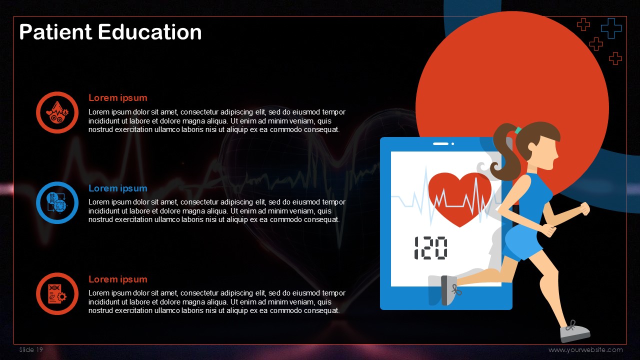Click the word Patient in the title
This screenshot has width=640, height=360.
(x=55, y=31)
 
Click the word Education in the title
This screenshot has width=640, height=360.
(x=150, y=31)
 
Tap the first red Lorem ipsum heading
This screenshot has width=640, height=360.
(x=117, y=98)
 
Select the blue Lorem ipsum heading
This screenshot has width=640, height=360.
(x=117, y=188)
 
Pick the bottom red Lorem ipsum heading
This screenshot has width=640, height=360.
(x=117, y=279)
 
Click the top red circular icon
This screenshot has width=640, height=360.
(x=57, y=112)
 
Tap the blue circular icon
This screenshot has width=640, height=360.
(x=57, y=203)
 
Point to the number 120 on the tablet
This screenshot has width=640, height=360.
(x=430, y=248)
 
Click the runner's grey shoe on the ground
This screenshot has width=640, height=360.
(x=575, y=332)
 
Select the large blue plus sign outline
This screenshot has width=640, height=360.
(x=611, y=28)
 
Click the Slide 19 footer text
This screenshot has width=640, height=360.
(x=31, y=349)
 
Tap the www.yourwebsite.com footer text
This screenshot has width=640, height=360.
(x=585, y=349)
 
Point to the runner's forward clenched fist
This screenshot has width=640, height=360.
(x=584, y=208)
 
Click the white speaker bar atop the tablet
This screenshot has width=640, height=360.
(x=440, y=143)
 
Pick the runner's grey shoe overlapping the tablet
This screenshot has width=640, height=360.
(x=449, y=290)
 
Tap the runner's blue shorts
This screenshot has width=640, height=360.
(x=522, y=241)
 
